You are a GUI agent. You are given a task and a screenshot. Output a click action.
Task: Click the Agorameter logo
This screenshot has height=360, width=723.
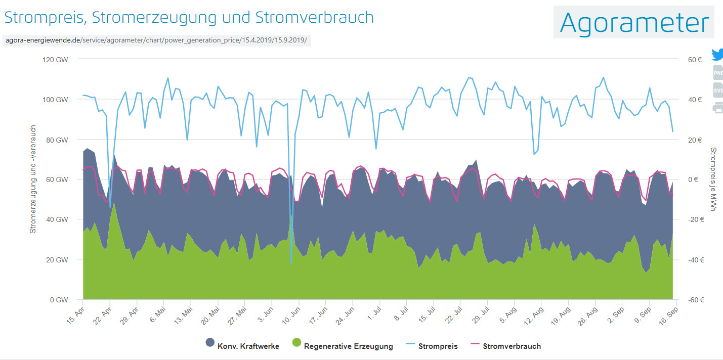[x=633, y=22]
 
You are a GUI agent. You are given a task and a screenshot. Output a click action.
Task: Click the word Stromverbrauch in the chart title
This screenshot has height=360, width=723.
[x=314, y=17]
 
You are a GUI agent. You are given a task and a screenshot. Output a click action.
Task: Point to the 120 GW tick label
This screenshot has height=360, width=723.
[x=56, y=59]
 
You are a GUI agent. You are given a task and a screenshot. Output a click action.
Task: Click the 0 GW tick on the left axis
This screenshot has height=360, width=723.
[x=59, y=299]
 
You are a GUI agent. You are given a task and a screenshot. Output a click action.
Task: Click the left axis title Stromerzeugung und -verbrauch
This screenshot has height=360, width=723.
[x=33, y=179]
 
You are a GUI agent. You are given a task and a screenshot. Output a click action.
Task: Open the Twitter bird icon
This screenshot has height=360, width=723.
[x=717, y=55]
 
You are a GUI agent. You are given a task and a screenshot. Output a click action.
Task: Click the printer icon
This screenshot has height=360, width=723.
[x=718, y=108]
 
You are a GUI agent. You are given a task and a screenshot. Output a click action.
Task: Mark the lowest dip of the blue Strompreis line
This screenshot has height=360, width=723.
[x=291, y=263]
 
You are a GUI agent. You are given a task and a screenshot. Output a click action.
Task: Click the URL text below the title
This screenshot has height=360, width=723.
[x=156, y=40]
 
